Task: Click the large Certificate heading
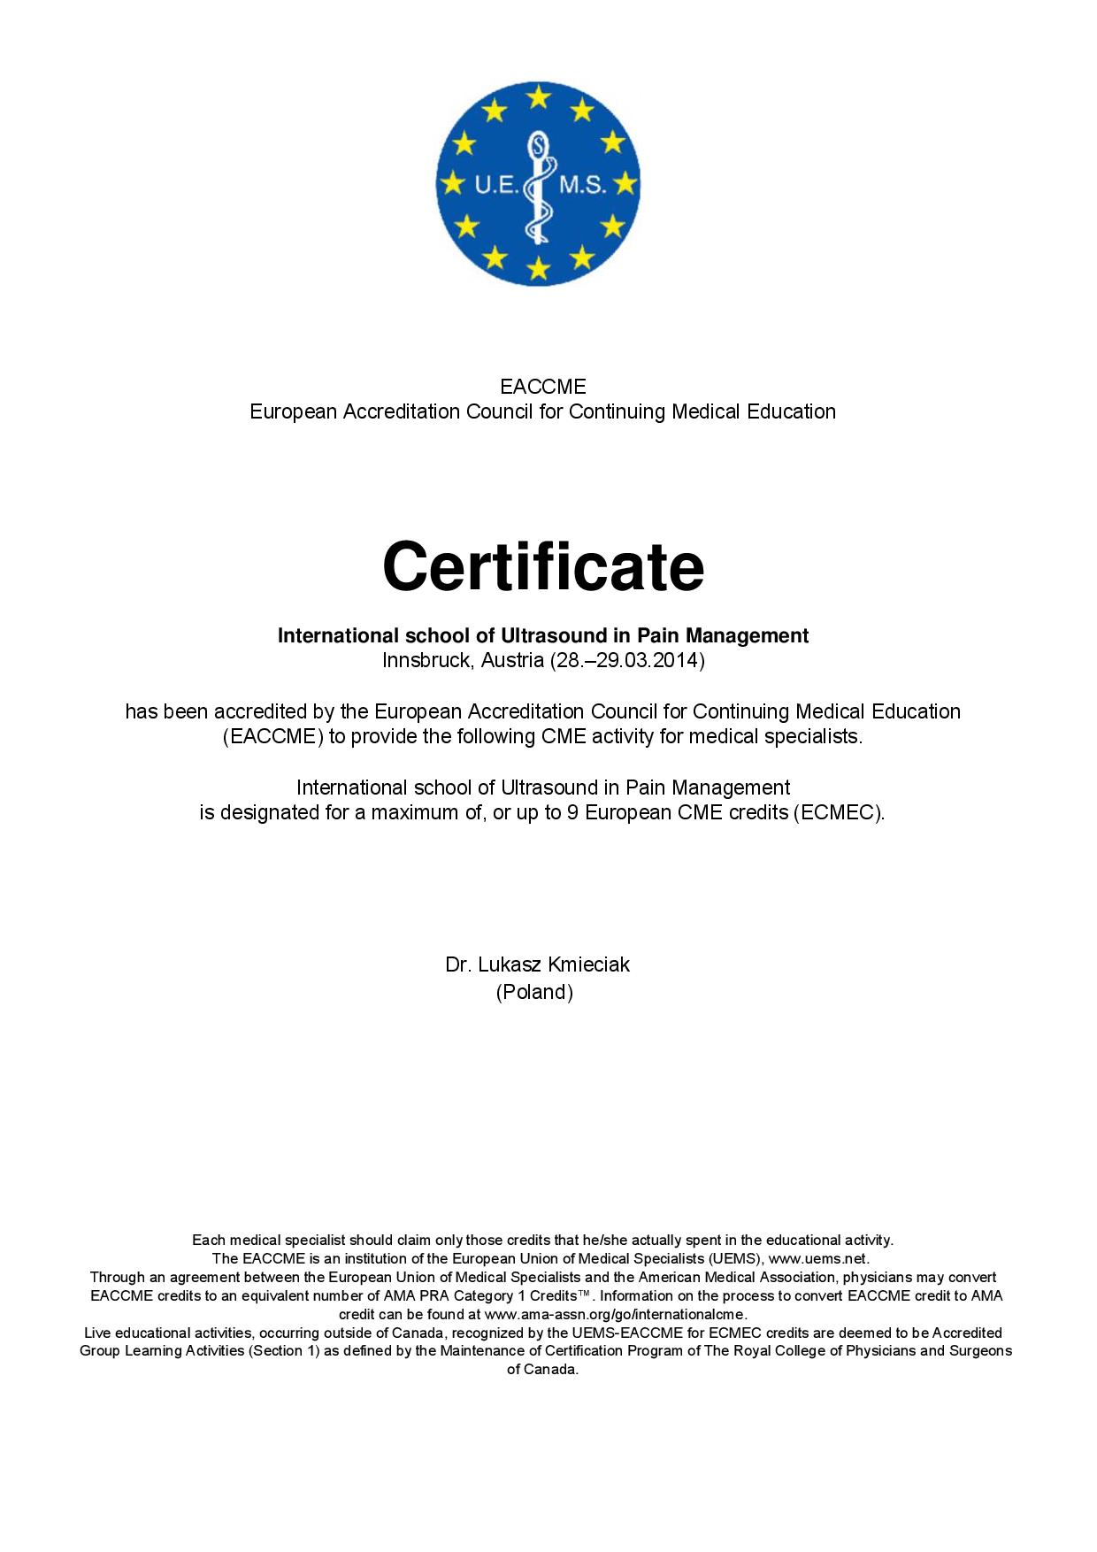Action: coord(543,567)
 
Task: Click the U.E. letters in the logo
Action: coord(497,185)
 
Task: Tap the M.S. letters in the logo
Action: coord(581,185)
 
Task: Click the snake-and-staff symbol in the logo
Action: coord(538,185)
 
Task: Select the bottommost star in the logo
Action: coord(538,268)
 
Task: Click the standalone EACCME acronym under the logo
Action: coord(542,387)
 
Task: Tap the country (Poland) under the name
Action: coord(534,992)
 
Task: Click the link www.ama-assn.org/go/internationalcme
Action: coord(616,1314)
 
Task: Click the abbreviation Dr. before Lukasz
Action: coord(457,964)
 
